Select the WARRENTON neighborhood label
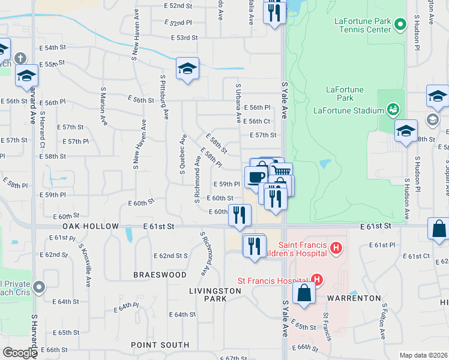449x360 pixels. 354,298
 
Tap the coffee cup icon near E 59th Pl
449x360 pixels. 256,176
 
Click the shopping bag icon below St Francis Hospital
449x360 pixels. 304,293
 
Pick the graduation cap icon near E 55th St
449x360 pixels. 187,69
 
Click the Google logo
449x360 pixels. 20,353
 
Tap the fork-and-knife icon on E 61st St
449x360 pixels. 240,215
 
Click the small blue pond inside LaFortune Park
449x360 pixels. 325,163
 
